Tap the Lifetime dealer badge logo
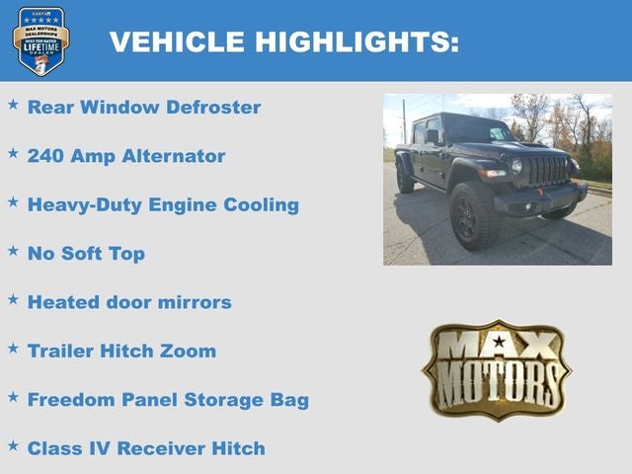coord(40,40)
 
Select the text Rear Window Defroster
coord(144,108)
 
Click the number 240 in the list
coord(46,156)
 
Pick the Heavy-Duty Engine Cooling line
coord(163,205)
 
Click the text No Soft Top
coord(86,254)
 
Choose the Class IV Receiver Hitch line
coord(146,448)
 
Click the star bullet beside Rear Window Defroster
coord(13,104)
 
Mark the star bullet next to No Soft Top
coord(13,250)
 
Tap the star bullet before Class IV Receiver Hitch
coord(13,444)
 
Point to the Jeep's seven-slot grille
coord(548,171)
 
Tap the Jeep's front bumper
coord(538,200)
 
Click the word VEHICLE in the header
coord(178,42)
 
